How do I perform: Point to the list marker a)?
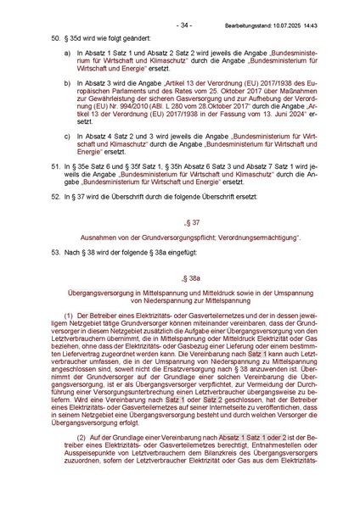tap(68, 53)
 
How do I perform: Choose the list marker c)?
tap(68, 134)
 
